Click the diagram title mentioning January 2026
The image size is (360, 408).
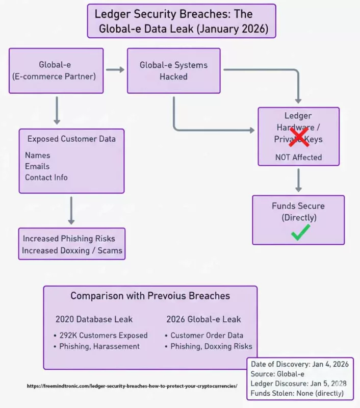tap(181, 21)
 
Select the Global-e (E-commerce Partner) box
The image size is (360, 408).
tap(56, 70)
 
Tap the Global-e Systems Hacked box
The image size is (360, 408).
tap(173, 71)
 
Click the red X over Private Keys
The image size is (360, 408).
tap(299, 136)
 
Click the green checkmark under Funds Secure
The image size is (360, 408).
tap(300, 233)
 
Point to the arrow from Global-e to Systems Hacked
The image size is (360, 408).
tap(115, 70)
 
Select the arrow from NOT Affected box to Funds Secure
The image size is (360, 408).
tap(299, 180)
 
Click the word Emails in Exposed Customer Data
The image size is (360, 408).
tap(38, 166)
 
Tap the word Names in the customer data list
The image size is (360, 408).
tap(38, 155)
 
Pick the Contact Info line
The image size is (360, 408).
tap(46, 177)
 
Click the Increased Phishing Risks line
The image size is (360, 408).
tap(69, 239)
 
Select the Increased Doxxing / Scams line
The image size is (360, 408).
tap(72, 250)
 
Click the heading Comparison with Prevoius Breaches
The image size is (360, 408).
tap(150, 296)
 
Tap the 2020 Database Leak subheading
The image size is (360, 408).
tap(94, 319)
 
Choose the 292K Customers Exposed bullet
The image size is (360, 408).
tap(100, 335)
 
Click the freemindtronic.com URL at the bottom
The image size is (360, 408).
tap(132, 386)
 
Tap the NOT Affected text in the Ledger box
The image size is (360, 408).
tap(298, 157)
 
